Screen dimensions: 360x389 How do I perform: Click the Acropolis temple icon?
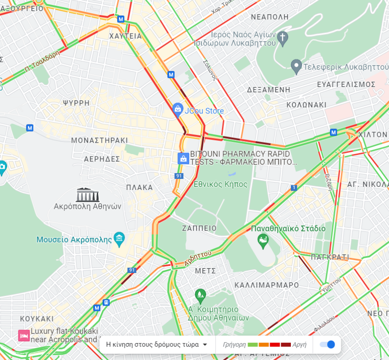point(88,195)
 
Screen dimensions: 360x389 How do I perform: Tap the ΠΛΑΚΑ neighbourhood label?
point(139,187)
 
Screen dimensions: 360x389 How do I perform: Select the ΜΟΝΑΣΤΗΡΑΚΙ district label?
point(99,140)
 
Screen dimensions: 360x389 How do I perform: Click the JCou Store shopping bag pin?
point(178,109)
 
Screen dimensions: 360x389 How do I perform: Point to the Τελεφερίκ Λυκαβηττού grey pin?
point(296,67)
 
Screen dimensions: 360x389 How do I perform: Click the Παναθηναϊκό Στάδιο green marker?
point(263,241)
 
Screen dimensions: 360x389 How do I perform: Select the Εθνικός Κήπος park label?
point(221,184)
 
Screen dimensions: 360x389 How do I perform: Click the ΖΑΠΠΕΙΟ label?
point(199,228)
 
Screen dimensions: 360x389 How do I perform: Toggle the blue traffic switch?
point(328,345)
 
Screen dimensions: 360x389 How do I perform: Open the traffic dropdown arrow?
point(205,345)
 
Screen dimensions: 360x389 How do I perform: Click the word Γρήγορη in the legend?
point(234,345)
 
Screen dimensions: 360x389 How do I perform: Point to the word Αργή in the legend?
point(299,345)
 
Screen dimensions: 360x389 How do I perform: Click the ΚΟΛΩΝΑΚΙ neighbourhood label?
point(306,105)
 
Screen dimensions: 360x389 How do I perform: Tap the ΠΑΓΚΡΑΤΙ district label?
point(330,257)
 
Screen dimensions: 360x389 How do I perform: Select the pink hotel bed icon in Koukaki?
point(24,335)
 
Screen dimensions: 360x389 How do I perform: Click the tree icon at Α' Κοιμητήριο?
point(200,294)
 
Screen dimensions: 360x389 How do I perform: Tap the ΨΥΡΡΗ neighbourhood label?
point(76,103)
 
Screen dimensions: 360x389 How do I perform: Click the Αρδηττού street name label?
point(198,259)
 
